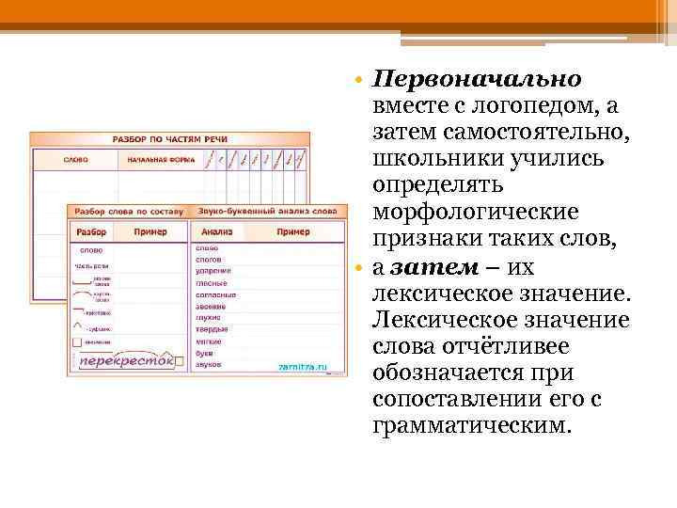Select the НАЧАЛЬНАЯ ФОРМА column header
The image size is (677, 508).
point(155,159)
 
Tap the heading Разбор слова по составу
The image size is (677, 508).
point(125,213)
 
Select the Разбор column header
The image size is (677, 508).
point(91,231)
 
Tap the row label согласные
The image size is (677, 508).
point(216,294)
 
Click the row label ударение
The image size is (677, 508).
point(213,271)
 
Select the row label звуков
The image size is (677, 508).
point(209,363)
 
